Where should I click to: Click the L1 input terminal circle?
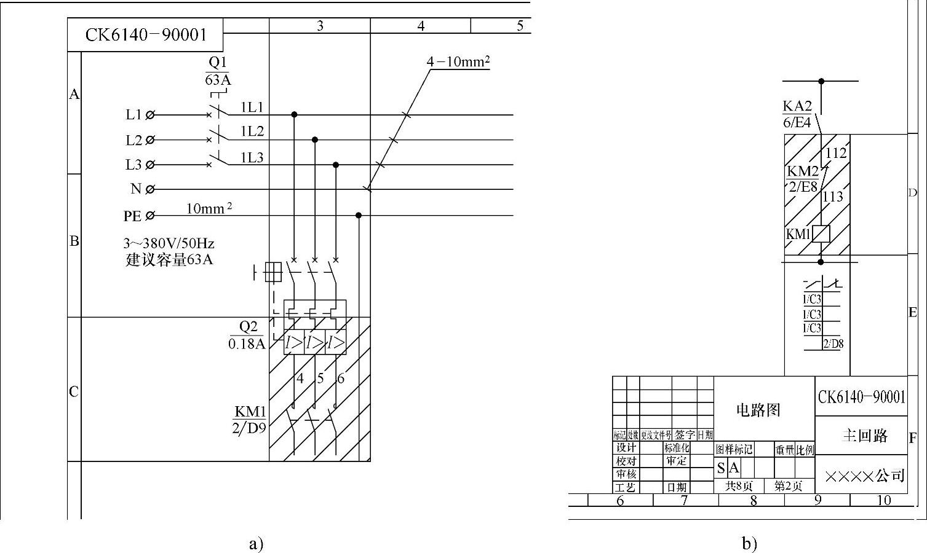click(x=151, y=114)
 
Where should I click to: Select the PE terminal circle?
click(x=151, y=216)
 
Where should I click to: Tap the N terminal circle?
click(x=151, y=189)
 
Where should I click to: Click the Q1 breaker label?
click(x=218, y=62)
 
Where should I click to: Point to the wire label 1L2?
click(x=252, y=131)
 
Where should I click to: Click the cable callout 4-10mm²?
click(x=458, y=61)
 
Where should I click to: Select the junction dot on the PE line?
click(x=359, y=215)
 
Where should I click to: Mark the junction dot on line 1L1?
click(x=294, y=114)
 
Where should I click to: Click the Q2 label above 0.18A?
click(x=247, y=327)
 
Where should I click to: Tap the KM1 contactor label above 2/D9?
click(x=249, y=411)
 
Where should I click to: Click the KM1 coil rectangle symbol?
click(x=821, y=234)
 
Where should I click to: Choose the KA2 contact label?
click(x=797, y=105)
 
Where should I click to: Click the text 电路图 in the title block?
click(x=758, y=410)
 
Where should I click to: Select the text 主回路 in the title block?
click(x=864, y=436)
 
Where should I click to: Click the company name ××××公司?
click(x=864, y=476)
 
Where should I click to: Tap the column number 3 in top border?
click(x=320, y=26)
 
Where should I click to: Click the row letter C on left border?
click(x=74, y=392)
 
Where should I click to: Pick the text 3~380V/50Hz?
click(x=169, y=243)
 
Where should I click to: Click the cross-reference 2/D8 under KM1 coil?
click(x=833, y=343)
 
